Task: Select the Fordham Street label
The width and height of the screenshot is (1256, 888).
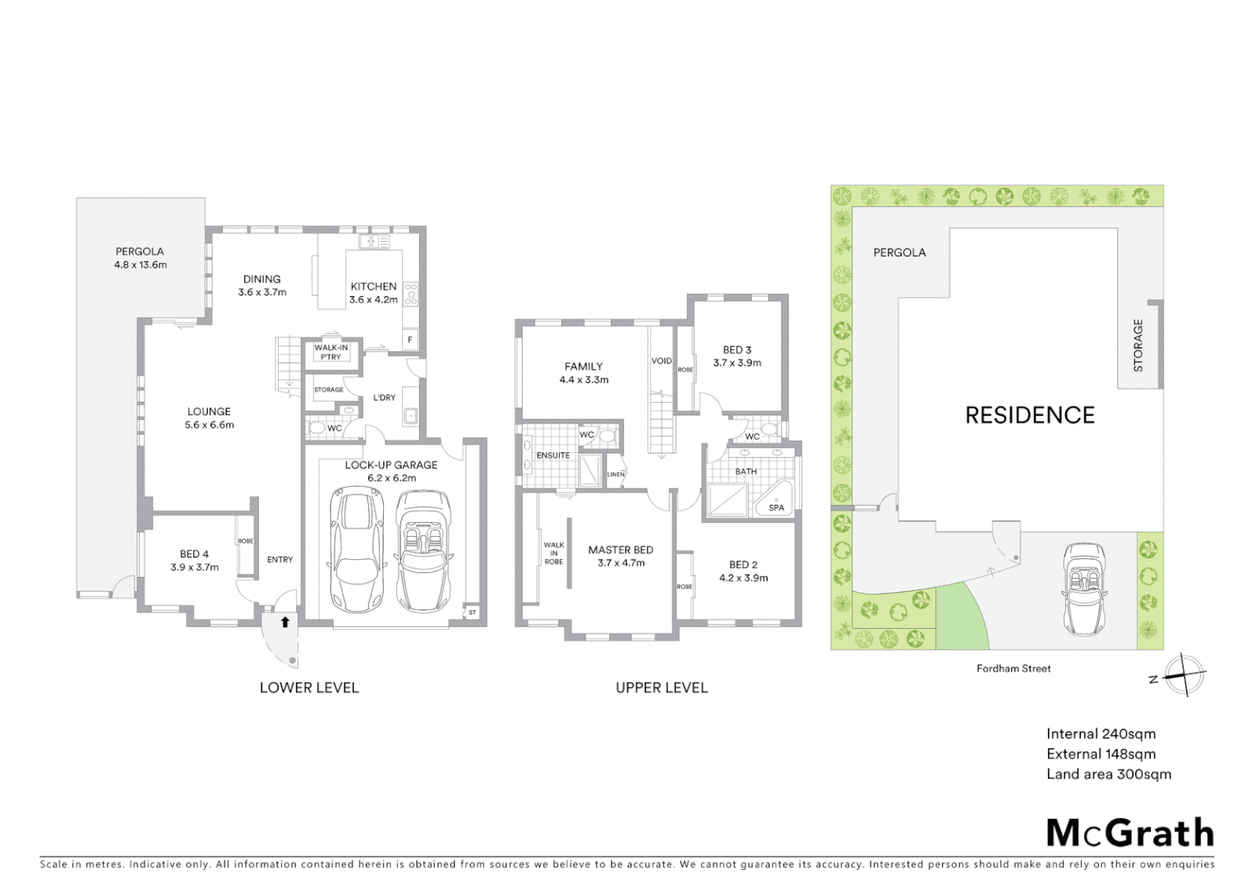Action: coord(1014,668)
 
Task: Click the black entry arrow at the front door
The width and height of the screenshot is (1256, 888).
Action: coord(284,622)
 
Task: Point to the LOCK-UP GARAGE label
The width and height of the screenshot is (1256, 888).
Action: coord(391,465)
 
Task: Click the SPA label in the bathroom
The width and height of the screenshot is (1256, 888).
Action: coord(776,507)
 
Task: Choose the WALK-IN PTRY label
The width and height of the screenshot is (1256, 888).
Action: coord(331,352)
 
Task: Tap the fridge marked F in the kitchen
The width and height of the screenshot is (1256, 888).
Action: coord(409,340)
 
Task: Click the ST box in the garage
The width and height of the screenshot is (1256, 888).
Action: coord(472,613)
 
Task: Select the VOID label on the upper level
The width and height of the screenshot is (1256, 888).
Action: coord(662,361)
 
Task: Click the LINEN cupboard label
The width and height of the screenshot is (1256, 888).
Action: coord(616,474)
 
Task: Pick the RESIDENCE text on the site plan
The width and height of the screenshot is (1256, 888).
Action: coord(1030,415)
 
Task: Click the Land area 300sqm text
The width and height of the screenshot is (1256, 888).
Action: coord(1109,774)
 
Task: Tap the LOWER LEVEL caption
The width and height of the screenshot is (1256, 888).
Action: coord(309,687)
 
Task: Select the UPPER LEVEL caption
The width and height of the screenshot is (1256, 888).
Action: coord(662,687)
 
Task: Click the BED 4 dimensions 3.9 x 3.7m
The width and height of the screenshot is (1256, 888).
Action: coord(195,567)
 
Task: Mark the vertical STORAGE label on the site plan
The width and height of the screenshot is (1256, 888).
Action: coord(1138,345)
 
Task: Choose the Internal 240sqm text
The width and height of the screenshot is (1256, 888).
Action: coord(1101,733)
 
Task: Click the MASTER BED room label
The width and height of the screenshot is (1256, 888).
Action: coord(621,550)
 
